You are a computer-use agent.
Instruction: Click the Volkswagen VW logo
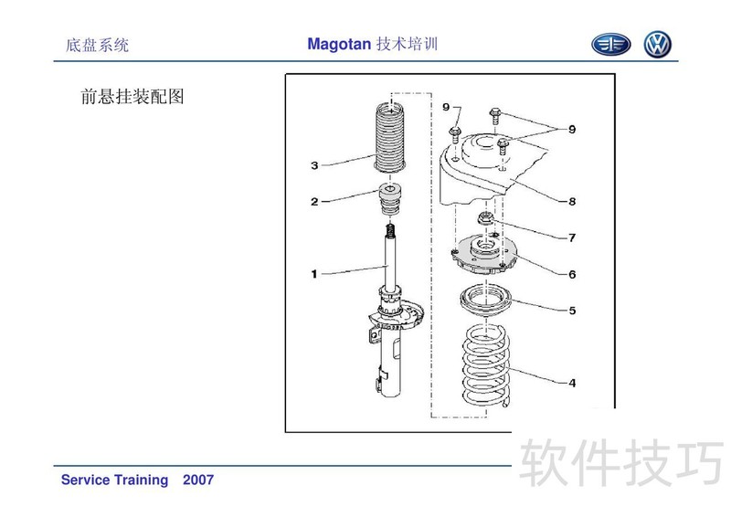[x=657, y=45]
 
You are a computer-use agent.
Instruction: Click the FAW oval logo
[x=610, y=45]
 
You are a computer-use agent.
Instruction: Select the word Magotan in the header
[x=339, y=44]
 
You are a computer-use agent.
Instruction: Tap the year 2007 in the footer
[x=198, y=480]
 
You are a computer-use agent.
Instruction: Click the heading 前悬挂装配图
[x=132, y=97]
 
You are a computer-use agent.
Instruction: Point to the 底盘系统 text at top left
[x=97, y=46]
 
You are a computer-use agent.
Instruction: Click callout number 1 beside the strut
[x=314, y=274]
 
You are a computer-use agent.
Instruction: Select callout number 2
[x=314, y=201]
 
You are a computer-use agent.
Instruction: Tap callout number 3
[x=314, y=165]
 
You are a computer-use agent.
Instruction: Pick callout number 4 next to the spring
[x=572, y=383]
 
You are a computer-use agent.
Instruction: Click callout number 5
[x=572, y=311]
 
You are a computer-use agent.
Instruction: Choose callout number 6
[x=572, y=274]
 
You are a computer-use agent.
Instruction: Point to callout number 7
[x=572, y=237]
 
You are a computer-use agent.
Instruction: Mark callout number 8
[x=572, y=201]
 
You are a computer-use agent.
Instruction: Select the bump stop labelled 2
[x=390, y=199]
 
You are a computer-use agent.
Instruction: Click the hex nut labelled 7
[x=486, y=217]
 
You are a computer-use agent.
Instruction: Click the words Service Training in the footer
[x=115, y=480]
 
